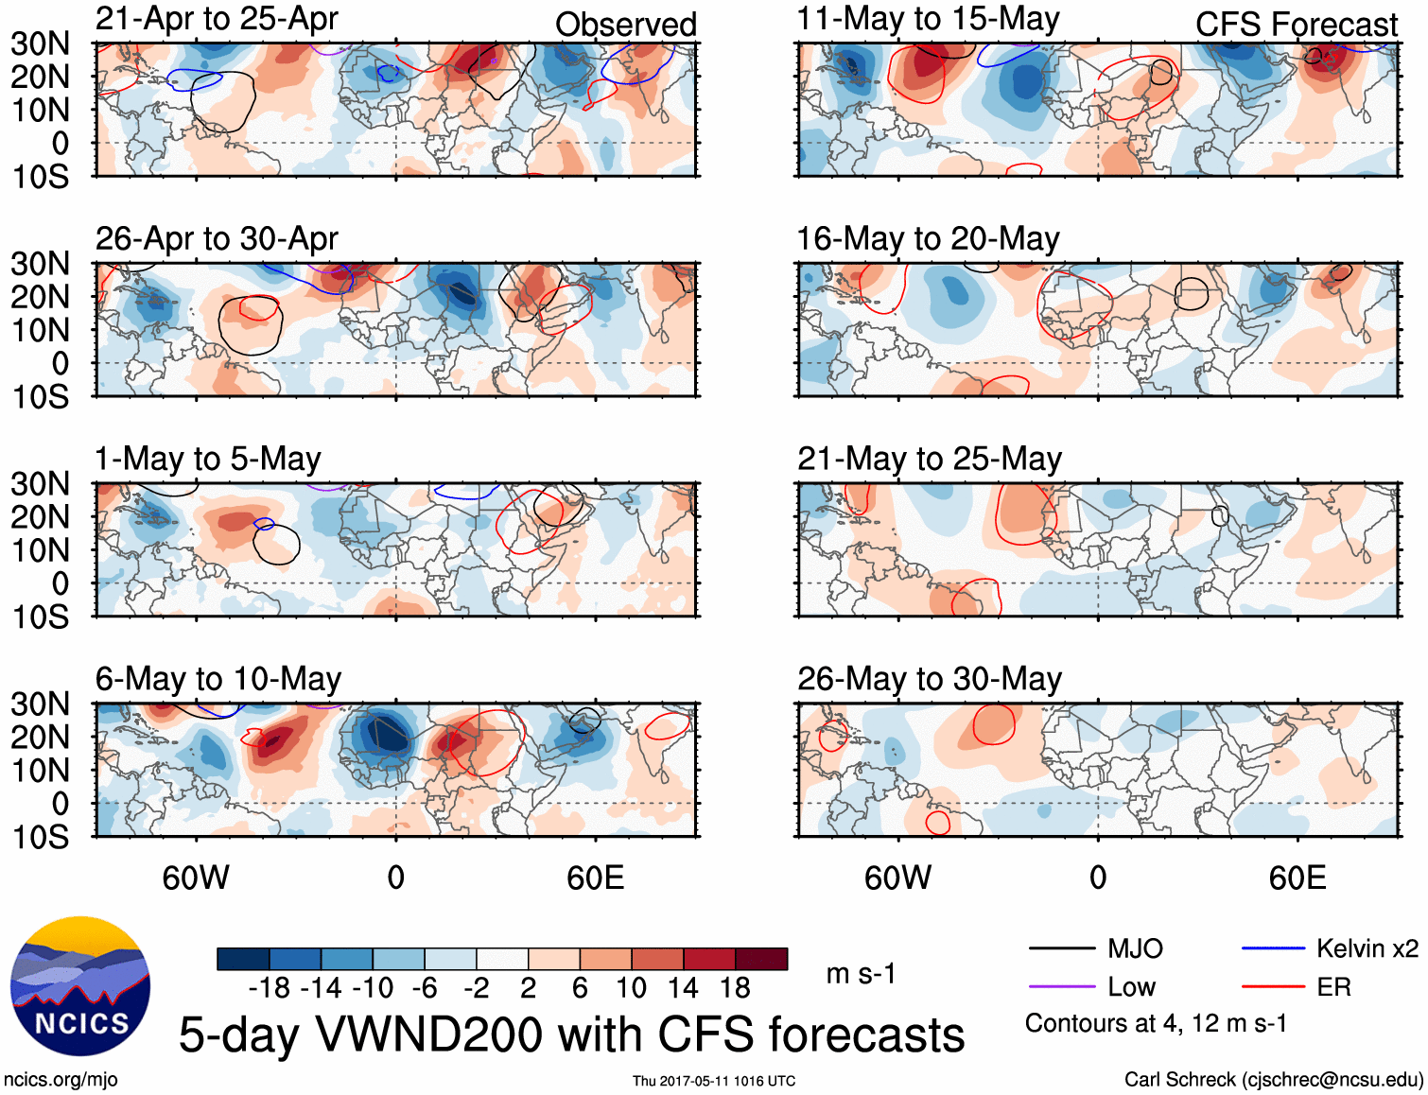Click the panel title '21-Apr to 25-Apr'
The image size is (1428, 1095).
[217, 19]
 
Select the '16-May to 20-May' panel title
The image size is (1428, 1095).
[928, 239]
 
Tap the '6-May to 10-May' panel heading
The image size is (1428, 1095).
[218, 679]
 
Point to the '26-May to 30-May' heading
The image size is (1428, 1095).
[929, 679]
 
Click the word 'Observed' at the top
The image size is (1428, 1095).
[625, 25]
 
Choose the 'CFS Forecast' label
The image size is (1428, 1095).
[1296, 25]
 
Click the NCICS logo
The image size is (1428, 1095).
[80, 986]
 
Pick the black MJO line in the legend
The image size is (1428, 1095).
[1061, 948]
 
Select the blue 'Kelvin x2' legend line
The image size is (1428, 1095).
[1274, 948]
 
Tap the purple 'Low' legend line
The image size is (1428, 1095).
[1061, 987]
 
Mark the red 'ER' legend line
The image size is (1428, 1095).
[1274, 987]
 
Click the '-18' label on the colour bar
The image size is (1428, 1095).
[270, 988]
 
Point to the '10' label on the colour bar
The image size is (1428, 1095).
[631, 988]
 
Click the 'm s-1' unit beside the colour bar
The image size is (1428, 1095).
[861, 974]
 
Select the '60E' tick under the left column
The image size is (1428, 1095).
[595, 878]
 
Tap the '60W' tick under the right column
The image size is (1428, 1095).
[897, 878]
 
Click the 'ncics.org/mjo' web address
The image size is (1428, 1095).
[61, 1080]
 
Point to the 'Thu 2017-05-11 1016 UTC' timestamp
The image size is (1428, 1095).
[714, 1081]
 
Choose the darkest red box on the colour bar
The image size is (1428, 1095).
[761, 959]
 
